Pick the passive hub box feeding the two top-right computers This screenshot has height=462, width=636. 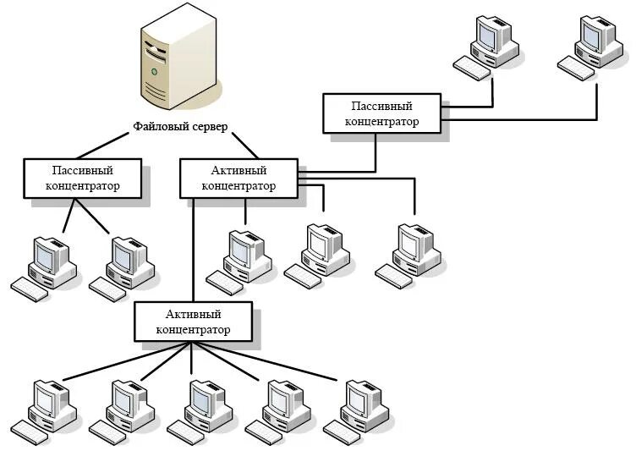tap(381, 113)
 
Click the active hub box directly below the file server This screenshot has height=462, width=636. tap(239, 179)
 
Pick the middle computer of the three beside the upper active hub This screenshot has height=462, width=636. tap(323, 249)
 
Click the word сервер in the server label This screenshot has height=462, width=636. tap(214, 127)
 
